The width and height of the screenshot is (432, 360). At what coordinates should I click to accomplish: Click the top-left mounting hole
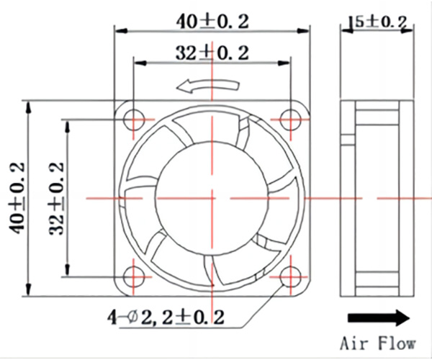point(134,120)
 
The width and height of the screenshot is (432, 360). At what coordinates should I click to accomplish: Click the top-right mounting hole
point(291,120)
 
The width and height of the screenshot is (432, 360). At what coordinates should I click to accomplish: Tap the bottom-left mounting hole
point(134,276)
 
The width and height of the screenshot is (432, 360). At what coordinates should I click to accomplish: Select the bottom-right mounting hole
point(290,276)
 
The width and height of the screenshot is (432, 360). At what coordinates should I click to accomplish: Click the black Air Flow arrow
point(379,318)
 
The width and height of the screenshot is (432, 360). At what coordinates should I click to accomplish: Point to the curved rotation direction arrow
point(208,86)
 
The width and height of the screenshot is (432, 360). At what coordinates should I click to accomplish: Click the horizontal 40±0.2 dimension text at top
point(212,22)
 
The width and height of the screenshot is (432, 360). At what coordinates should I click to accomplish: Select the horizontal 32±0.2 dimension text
point(212,53)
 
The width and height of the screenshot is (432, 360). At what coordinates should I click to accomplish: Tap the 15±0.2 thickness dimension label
point(377,22)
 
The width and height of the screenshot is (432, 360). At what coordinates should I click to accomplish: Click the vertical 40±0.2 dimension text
point(17,198)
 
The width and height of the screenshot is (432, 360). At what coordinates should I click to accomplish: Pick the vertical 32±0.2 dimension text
point(56,198)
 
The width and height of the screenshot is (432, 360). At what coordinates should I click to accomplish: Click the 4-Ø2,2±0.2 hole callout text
point(166,318)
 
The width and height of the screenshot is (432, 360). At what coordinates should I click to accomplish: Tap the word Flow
point(397,343)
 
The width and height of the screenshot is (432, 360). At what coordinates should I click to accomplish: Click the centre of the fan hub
point(212,198)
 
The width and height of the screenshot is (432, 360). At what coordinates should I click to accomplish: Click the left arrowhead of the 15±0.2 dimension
point(346,30)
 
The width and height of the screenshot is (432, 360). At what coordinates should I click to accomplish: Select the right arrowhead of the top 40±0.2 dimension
point(303,30)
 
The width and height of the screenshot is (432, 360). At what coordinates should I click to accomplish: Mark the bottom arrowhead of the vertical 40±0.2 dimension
point(28,289)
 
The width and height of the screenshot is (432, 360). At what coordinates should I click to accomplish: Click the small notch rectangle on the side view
point(348,139)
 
